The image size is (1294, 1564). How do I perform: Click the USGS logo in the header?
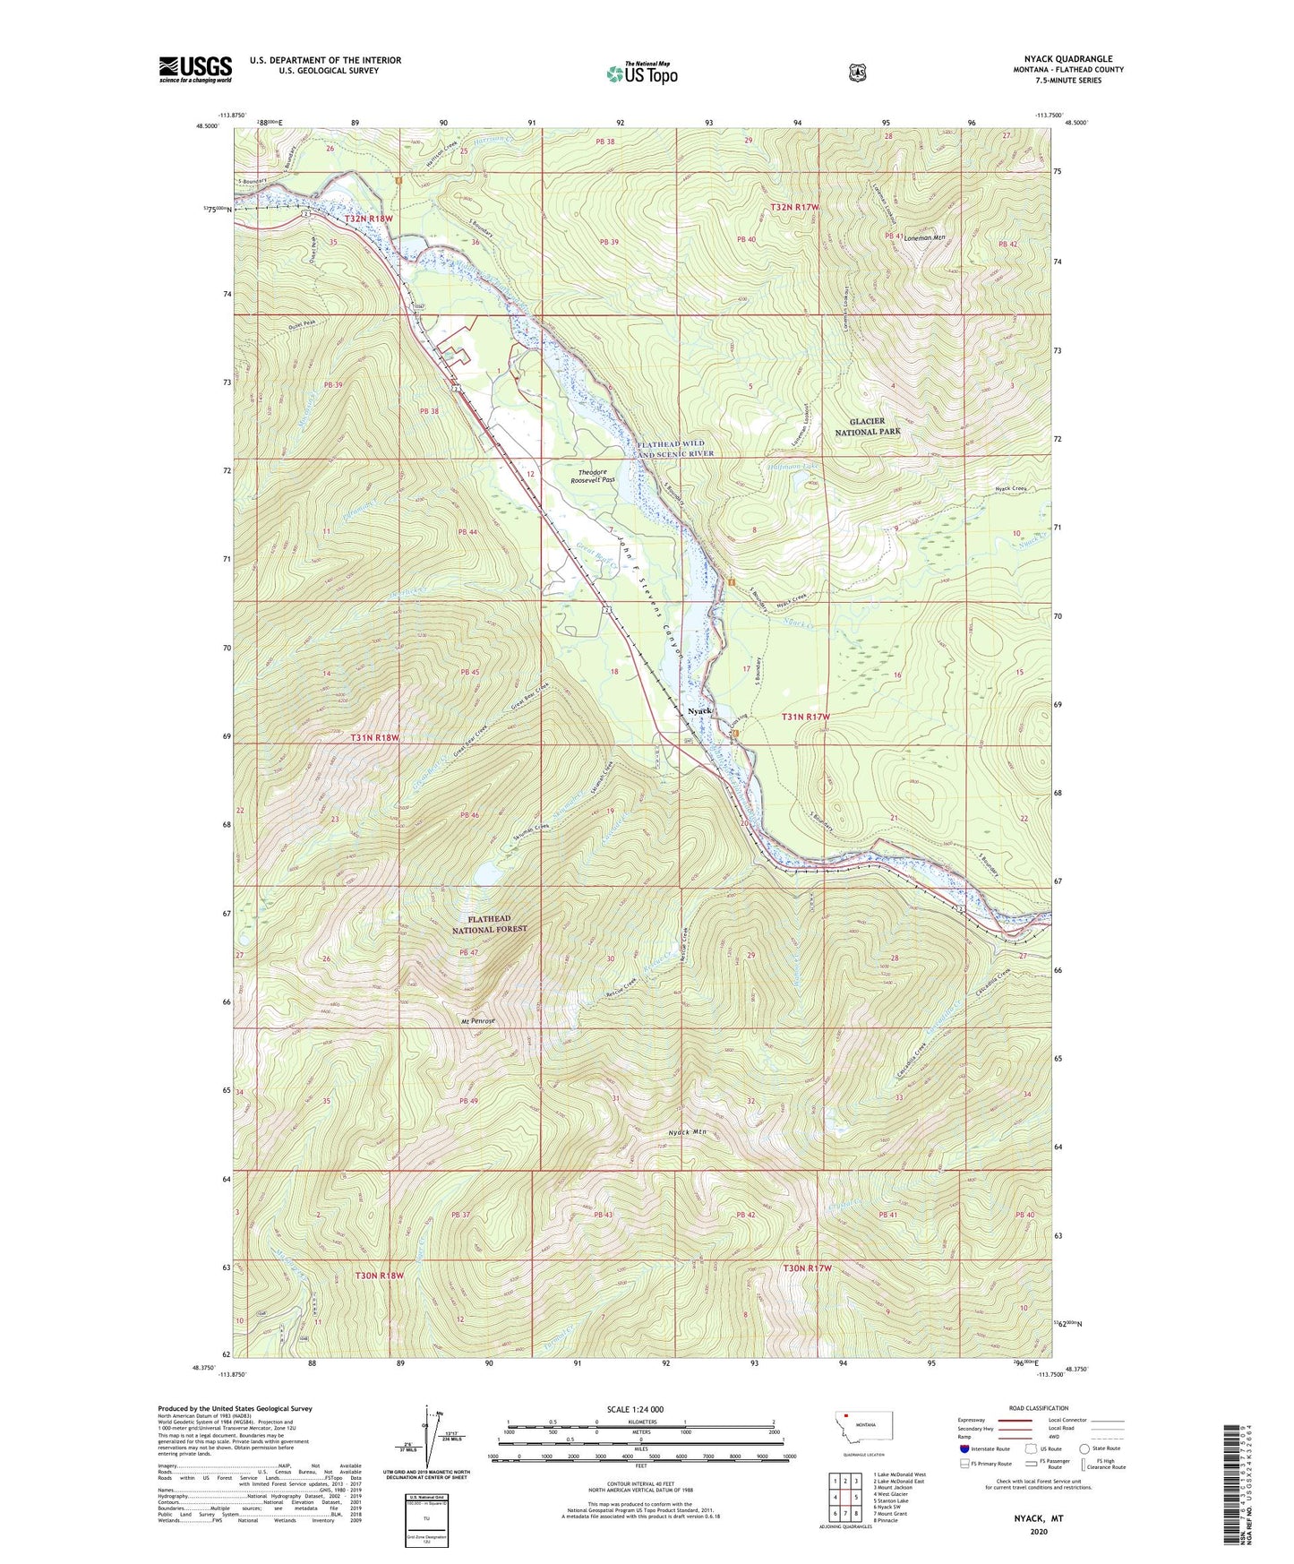coord(195,69)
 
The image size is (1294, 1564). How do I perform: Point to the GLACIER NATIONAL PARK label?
coord(868,426)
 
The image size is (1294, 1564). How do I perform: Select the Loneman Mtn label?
coord(925,238)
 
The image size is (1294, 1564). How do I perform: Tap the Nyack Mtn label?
coord(688,1132)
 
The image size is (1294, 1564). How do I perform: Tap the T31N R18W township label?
coord(386,738)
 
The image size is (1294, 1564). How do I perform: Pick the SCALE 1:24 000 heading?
coord(635,1409)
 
